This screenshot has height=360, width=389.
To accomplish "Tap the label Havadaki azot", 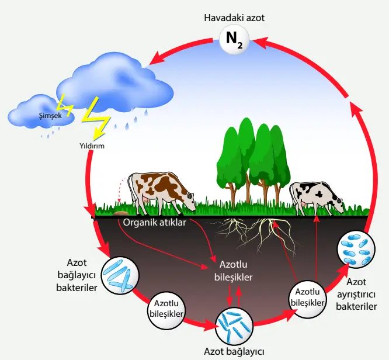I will [234, 18].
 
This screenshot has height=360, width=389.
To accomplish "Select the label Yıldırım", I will [92, 146].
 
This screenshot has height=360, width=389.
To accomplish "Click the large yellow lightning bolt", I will [96, 120].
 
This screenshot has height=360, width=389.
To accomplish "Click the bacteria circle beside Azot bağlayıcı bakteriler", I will [120, 275].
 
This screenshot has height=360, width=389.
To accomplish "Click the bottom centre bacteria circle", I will [235, 326].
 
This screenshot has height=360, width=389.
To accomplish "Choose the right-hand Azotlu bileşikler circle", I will [307, 297].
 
